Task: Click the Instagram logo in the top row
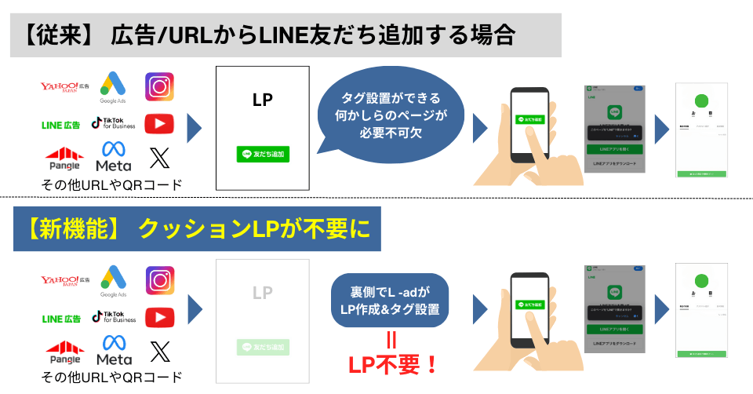click(159, 86)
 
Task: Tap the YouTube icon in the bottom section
click(159, 316)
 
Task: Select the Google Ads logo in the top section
click(113, 87)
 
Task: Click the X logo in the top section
click(159, 159)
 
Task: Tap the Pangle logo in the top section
click(65, 159)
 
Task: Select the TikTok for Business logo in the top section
click(113, 123)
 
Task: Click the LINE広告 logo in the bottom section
click(60, 318)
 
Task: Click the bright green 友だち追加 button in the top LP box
click(263, 154)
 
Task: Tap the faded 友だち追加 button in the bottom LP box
click(263, 346)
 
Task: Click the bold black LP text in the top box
click(263, 100)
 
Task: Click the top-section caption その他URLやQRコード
click(113, 185)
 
